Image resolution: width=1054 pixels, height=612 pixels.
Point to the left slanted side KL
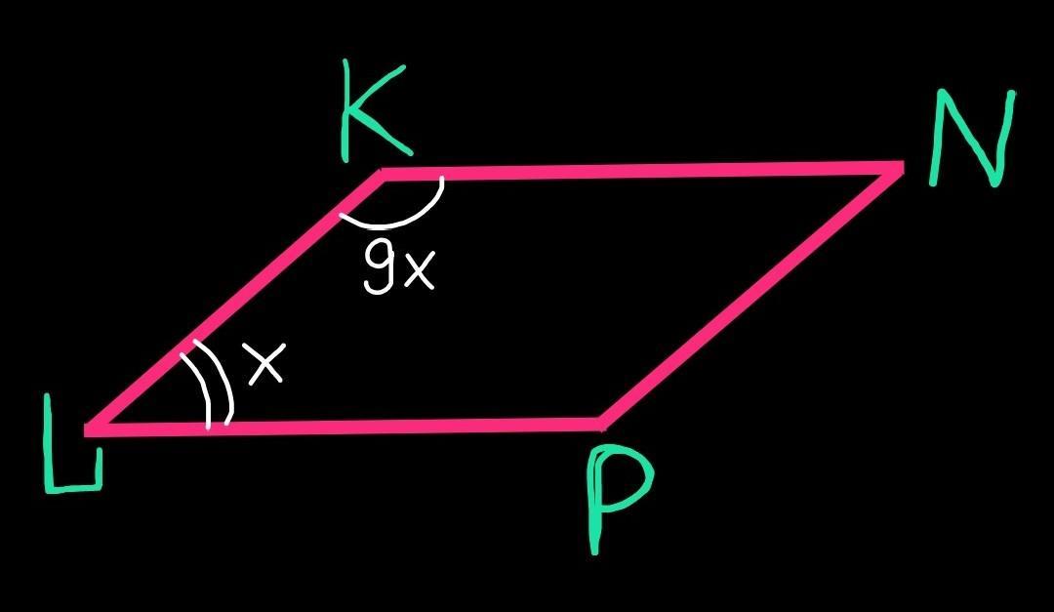(x=234, y=300)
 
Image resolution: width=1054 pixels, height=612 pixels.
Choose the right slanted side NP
(x=751, y=297)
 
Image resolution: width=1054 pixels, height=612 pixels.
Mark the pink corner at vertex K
(x=382, y=176)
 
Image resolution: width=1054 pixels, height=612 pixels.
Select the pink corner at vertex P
(x=603, y=423)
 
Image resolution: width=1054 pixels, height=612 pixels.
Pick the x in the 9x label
(x=417, y=274)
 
